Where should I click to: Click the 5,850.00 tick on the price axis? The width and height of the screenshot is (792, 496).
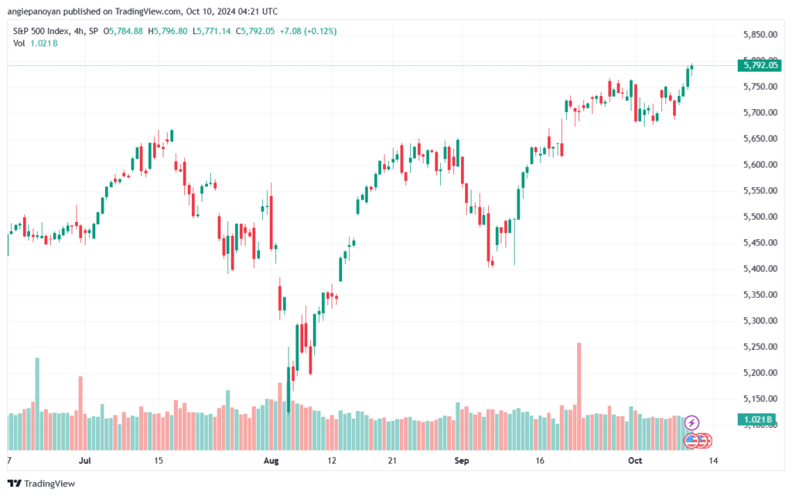(x=759, y=35)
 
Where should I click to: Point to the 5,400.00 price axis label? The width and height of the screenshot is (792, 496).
(x=759, y=269)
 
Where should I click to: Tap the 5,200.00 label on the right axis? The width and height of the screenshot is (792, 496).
(x=759, y=373)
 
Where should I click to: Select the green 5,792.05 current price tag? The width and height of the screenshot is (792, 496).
(x=760, y=65)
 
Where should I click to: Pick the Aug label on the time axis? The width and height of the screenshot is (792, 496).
(x=271, y=461)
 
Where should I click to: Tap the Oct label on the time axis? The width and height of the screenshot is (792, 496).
(x=634, y=461)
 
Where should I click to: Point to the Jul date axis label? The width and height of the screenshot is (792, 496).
(x=85, y=461)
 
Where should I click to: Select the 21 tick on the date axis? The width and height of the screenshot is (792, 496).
(x=392, y=461)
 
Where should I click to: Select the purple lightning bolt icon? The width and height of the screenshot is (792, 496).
(x=692, y=422)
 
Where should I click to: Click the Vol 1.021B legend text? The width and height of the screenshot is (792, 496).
(x=36, y=43)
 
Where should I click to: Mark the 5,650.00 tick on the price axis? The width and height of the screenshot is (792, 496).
(x=759, y=139)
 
